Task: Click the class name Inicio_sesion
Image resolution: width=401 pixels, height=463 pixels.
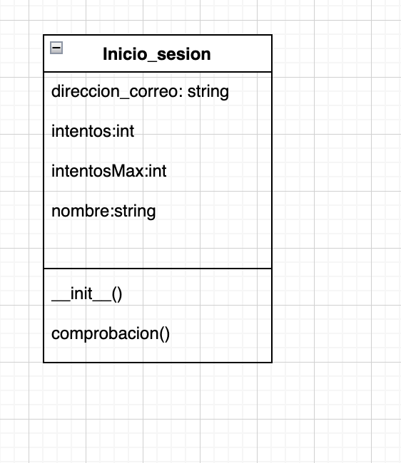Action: point(157,54)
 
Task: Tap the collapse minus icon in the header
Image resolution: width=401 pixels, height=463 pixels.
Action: point(56,48)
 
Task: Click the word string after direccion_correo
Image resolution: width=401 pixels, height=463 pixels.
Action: point(208,92)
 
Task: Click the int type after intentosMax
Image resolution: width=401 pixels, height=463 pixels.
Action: point(158,172)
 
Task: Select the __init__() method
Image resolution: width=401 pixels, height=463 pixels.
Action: point(87,294)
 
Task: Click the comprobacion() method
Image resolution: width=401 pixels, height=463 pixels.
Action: point(111,334)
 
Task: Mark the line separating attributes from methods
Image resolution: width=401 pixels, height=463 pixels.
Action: point(158,269)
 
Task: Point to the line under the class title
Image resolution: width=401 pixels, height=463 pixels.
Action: point(158,72)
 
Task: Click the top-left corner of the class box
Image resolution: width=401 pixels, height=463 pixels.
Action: point(44,35)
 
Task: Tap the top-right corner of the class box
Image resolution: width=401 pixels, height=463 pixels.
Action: point(272,35)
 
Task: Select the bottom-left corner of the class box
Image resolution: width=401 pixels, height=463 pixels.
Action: point(44,362)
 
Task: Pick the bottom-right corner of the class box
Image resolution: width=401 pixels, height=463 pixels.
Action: point(272,362)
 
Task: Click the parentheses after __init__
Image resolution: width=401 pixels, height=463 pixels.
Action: point(117,294)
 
